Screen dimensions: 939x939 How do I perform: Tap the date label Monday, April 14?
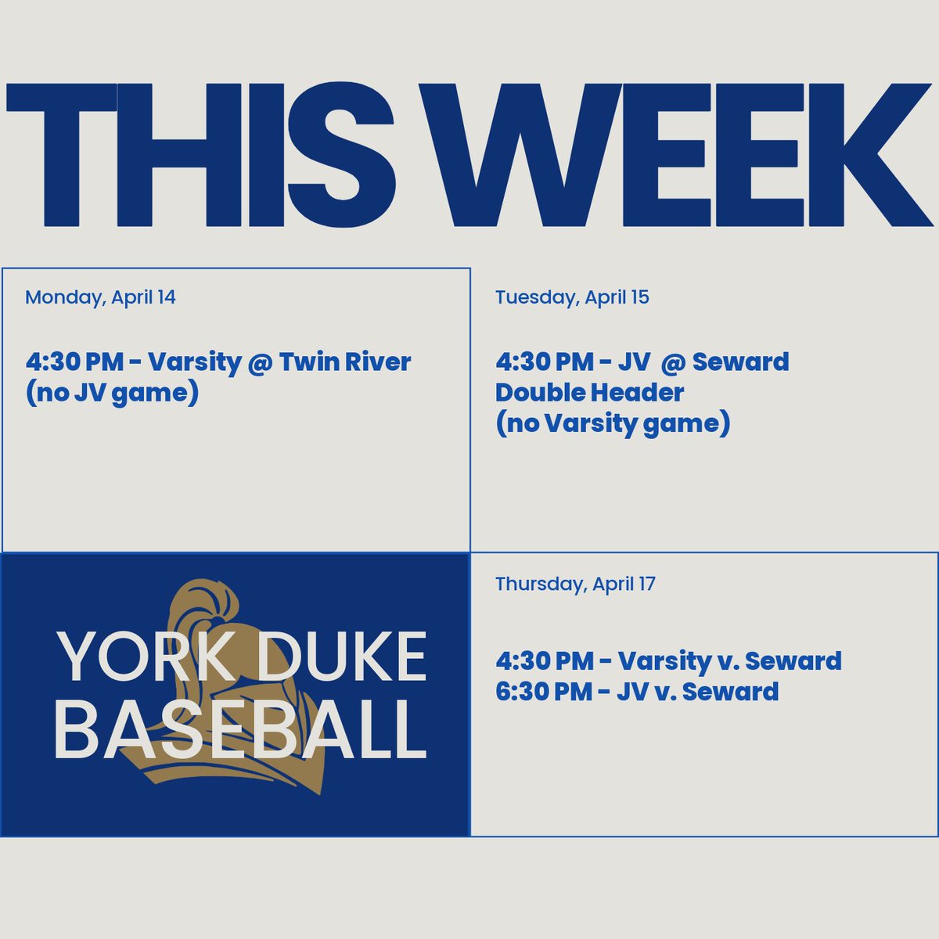click(x=100, y=297)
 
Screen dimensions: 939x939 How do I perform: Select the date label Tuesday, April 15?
click(x=572, y=297)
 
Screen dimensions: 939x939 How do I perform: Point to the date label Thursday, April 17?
click(x=575, y=584)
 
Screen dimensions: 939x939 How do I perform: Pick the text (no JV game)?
click(x=112, y=392)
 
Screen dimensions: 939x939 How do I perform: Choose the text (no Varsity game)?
click(x=613, y=423)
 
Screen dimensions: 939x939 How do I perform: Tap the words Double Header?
click(x=589, y=392)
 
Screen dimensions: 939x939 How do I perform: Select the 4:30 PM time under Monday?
click(x=74, y=362)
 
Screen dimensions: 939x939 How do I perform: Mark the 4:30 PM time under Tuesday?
click(x=545, y=362)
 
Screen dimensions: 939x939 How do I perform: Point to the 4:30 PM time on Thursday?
click(x=545, y=661)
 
